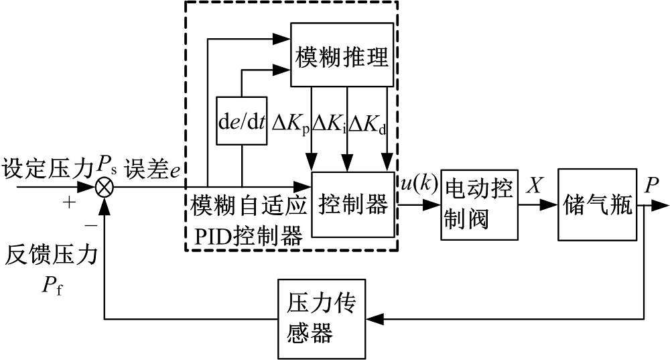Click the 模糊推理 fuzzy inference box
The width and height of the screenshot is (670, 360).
pos(342,55)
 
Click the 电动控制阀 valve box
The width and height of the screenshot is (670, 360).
pos(480,204)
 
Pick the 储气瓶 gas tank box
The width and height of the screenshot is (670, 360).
pos(596,204)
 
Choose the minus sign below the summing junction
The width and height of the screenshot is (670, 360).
pos(91,227)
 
